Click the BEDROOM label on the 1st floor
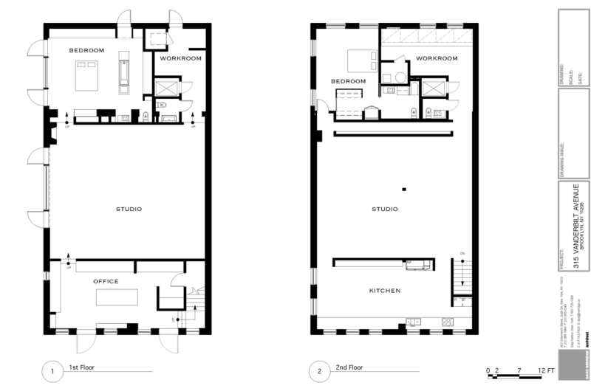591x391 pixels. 86,50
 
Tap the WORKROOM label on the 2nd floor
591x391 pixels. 432,58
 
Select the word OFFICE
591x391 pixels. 105,281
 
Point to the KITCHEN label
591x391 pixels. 384,291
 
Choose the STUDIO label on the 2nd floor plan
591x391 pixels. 384,209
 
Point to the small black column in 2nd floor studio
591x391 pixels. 404,189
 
